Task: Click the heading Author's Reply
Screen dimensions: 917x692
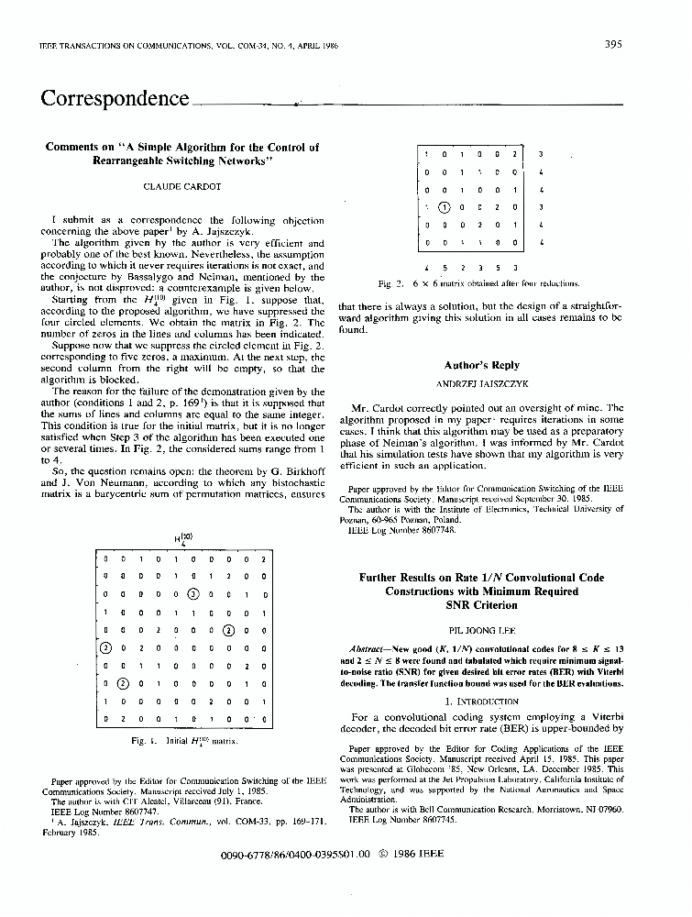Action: coord(481,364)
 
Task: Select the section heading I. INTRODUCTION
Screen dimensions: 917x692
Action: coord(481,701)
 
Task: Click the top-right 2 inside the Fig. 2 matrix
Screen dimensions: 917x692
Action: coord(515,154)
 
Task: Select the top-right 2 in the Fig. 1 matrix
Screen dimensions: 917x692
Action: coord(262,558)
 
